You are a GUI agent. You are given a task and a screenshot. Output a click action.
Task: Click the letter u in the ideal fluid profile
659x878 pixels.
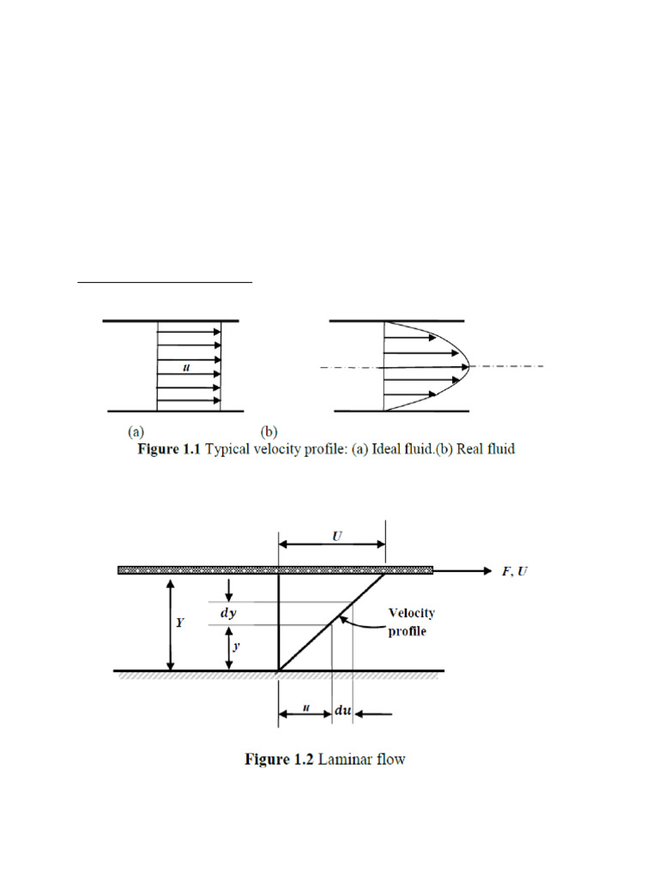186,368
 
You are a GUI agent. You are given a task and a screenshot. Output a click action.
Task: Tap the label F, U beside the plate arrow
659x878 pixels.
515,571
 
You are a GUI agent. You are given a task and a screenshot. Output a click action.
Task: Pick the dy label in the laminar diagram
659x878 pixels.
227,612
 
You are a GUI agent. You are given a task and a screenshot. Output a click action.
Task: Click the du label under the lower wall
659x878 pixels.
342,713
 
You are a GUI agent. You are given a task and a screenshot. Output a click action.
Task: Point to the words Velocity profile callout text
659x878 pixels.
412,622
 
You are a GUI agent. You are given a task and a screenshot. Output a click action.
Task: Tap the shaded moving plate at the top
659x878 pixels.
275,569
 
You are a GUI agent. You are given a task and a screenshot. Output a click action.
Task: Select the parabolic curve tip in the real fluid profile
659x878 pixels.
467,367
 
